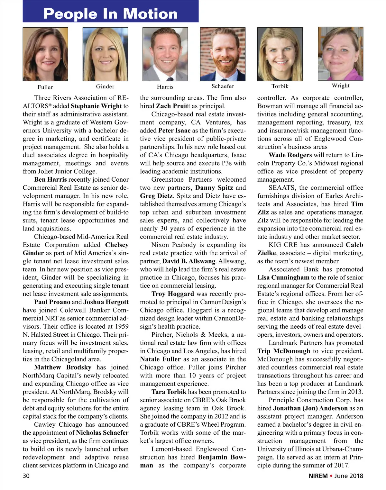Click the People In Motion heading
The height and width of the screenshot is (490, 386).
(x=110, y=14)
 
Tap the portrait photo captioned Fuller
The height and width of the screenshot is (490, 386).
(x=45, y=54)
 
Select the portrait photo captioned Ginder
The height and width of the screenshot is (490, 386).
(x=105, y=54)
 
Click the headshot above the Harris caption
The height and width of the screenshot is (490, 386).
(x=165, y=54)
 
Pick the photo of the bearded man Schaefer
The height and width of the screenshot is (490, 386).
(x=223, y=54)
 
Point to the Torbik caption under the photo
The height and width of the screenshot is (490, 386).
(x=280, y=86)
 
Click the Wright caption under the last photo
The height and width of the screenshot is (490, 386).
(x=341, y=86)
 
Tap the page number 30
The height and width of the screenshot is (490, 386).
(x=26, y=476)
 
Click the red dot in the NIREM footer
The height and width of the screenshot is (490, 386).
(x=331, y=476)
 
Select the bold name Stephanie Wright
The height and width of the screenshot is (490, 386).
(x=96, y=106)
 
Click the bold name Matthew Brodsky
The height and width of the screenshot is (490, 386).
(x=63, y=367)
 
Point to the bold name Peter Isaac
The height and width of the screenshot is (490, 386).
(x=174, y=131)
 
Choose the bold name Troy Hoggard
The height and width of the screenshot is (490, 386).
(x=173, y=294)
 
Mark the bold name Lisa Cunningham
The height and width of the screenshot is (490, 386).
(x=283, y=277)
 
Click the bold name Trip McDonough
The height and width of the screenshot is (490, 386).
(x=284, y=351)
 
